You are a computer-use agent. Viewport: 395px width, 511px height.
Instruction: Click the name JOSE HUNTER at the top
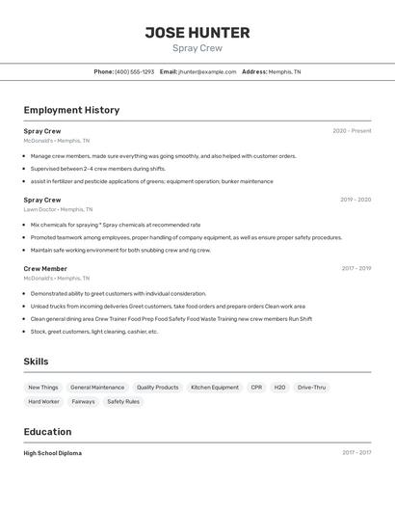(197, 32)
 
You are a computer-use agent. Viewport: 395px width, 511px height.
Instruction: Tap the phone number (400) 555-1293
(134, 71)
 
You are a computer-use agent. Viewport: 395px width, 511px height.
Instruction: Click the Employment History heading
(71, 110)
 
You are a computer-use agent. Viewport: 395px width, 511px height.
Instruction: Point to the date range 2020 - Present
(352, 131)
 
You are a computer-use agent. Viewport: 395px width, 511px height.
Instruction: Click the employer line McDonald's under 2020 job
(56, 141)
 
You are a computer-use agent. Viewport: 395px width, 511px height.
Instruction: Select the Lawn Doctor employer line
(58, 209)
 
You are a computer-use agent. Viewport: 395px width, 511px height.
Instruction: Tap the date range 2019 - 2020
(355, 200)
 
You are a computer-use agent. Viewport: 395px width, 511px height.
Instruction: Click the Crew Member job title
(45, 269)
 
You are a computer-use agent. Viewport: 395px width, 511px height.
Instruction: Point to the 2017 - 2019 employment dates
(356, 269)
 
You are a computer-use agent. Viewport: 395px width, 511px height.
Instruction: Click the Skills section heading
(37, 362)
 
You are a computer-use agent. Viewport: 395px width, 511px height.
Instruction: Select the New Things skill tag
(43, 388)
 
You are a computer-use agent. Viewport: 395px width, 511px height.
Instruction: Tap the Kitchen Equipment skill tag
(215, 388)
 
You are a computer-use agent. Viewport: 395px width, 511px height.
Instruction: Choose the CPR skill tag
(256, 388)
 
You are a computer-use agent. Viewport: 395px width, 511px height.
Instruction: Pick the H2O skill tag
(279, 388)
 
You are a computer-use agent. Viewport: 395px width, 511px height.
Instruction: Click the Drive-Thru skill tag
(311, 388)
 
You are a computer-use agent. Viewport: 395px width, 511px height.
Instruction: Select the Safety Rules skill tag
(123, 402)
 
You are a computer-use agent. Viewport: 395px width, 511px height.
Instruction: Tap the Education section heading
(47, 432)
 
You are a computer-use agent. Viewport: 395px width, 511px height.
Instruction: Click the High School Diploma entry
(53, 453)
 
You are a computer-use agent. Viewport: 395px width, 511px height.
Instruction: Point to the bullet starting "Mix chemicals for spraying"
(116, 225)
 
